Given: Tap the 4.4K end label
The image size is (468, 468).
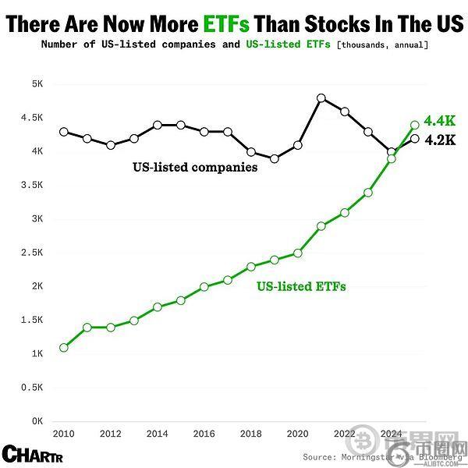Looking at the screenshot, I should coord(440,121).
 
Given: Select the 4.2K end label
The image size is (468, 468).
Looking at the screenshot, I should coord(440,141).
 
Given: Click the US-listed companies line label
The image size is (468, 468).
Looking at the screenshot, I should coord(195,167).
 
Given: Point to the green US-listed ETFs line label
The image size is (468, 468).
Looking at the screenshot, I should coord(301,286).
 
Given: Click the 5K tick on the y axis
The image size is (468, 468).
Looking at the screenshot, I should coord(36,83).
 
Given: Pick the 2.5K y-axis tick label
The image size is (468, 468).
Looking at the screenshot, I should coord(32,253).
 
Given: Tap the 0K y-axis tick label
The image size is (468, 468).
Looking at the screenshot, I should coord(36,421).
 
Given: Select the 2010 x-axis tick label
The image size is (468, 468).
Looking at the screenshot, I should coord(63,434).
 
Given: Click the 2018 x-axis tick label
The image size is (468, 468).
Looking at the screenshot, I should coord(250,434).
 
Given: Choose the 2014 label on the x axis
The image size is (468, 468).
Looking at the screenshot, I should coord(157,434).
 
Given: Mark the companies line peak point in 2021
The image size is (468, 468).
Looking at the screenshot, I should coord(321,98).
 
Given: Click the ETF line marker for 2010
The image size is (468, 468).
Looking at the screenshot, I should coord(64,347).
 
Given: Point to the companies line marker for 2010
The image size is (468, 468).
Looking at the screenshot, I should coord(64,132).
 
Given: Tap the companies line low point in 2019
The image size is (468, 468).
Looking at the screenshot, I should coord(275,158).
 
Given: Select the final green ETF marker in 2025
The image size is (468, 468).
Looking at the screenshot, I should coord(415,125).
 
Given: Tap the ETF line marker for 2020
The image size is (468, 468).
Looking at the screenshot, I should coord(298,253).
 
